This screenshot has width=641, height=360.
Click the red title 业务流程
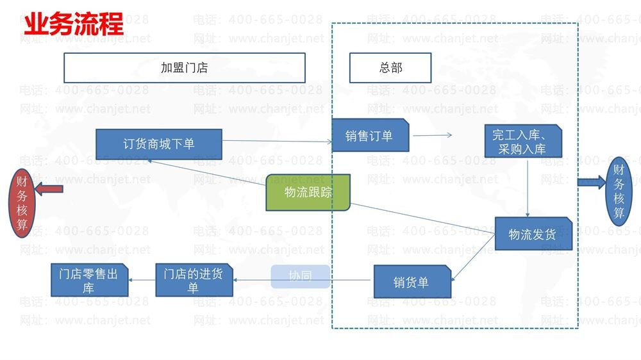74,24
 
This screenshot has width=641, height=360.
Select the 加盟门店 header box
185,68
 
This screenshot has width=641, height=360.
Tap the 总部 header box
390,68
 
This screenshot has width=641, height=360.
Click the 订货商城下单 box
159,144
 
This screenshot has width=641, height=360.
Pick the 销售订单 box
370,135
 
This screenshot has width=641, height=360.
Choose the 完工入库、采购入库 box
523,142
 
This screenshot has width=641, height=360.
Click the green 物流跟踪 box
308,192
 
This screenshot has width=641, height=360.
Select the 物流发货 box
533,234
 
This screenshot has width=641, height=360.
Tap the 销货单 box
412,282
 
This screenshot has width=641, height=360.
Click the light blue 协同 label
300,276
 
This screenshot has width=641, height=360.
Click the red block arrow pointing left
49,189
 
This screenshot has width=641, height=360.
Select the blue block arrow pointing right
591,183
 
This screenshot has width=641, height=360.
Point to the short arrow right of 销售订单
433,135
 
